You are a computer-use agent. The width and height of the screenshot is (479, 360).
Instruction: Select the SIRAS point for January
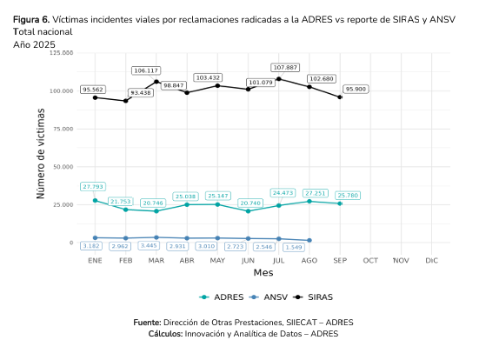click(x=95, y=97)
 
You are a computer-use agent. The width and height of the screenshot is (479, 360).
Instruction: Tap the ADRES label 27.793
click(x=94, y=186)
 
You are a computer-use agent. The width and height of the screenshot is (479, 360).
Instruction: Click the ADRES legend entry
click(x=221, y=297)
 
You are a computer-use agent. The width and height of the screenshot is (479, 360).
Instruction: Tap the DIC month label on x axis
click(x=431, y=260)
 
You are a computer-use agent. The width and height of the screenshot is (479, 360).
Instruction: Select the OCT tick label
click(x=370, y=260)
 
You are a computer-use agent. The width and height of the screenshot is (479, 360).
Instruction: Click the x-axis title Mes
click(x=263, y=273)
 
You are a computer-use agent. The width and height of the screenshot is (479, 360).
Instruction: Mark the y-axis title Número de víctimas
click(x=40, y=148)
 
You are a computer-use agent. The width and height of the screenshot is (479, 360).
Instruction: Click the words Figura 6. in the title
click(x=31, y=18)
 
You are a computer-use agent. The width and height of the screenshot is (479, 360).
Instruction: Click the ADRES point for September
click(x=340, y=203)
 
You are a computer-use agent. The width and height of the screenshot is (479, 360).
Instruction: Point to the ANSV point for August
click(x=309, y=240)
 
